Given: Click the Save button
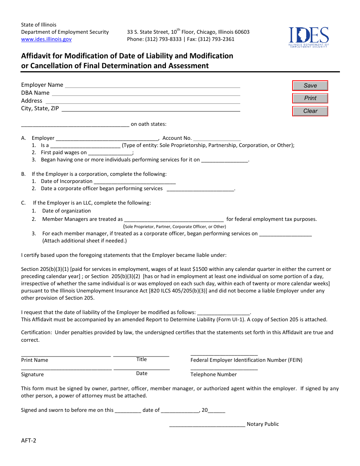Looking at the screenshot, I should pos(310,86).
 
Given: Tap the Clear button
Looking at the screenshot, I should pos(310,111).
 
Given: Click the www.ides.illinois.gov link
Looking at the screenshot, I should pos(46,39).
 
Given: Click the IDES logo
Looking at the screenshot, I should pos(308,37).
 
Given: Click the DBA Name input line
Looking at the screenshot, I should pos(146,93).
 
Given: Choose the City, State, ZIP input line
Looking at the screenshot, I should pos(151,109).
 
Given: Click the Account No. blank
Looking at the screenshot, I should pos(217,138).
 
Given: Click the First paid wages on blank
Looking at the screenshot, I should pos(110,153).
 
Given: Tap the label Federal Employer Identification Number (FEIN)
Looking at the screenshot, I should pos(246,360).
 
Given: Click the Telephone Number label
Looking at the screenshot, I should pos(213,375).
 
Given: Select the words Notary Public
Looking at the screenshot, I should pos(263,424).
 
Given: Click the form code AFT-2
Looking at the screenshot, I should pos(29,441).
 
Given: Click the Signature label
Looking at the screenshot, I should pos(32,375).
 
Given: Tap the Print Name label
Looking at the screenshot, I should pos(34,360).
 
